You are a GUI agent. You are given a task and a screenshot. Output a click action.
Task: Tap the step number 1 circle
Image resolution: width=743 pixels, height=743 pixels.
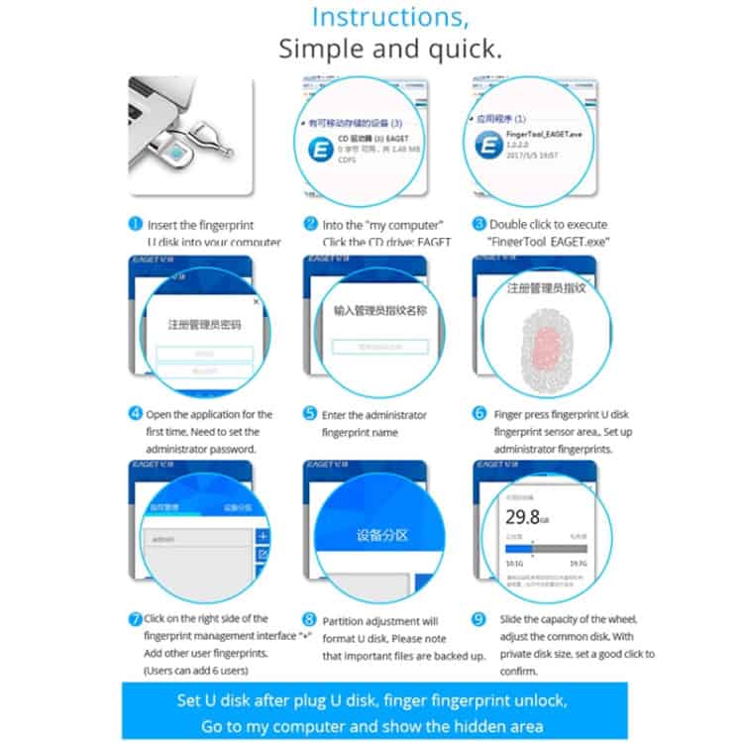tap(136, 225)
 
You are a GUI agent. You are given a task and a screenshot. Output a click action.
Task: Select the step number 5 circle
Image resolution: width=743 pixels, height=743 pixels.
tap(310, 414)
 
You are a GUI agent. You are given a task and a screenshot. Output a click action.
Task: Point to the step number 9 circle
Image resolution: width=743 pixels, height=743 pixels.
tap(479, 619)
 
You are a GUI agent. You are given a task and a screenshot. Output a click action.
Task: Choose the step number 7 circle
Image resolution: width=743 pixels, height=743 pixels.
tap(136, 619)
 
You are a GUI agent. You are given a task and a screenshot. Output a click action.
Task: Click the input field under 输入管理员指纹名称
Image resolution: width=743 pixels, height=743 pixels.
tap(380, 347)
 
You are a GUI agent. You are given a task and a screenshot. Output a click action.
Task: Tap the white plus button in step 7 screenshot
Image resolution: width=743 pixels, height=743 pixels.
tap(263, 536)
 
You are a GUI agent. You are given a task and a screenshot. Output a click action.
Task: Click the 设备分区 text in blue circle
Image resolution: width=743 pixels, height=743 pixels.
tap(381, 535)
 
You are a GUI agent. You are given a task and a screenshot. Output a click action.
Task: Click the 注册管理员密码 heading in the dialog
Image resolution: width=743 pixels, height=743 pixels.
tap(204, 324)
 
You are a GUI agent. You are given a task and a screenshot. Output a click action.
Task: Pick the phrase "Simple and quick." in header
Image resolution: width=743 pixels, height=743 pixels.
tap(389, 49)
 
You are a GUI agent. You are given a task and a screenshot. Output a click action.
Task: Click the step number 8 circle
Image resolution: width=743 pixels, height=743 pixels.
tap(310, 620)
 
